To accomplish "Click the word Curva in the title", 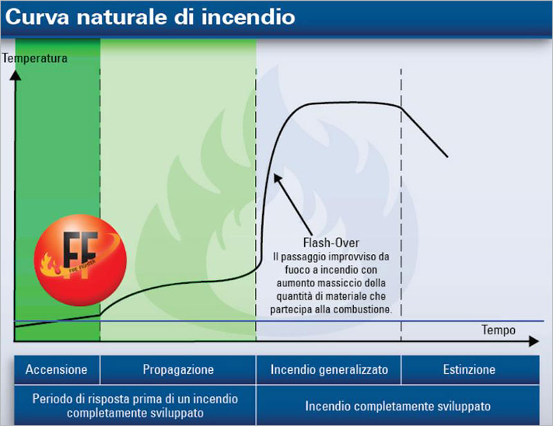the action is [x=37, y=17].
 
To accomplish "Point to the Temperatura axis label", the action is [x=35, y=58].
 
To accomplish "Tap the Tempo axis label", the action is [x=498, y=330].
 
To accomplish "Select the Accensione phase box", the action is [x=57, y=369].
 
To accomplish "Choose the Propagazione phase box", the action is [x=178, y=369].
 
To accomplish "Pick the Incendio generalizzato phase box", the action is [x=329, y=369].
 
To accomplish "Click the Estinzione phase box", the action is [x=470, y=369].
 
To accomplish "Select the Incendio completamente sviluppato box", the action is [x=398, y=405].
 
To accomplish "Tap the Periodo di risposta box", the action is [x=135, y=405].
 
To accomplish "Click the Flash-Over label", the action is [x=331, y=243].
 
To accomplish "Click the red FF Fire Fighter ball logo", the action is [x=80, y=260].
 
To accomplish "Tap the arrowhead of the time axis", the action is [x=534, y=341].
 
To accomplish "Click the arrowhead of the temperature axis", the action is [x=15, y=75].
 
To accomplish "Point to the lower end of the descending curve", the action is [x=447, y=157].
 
